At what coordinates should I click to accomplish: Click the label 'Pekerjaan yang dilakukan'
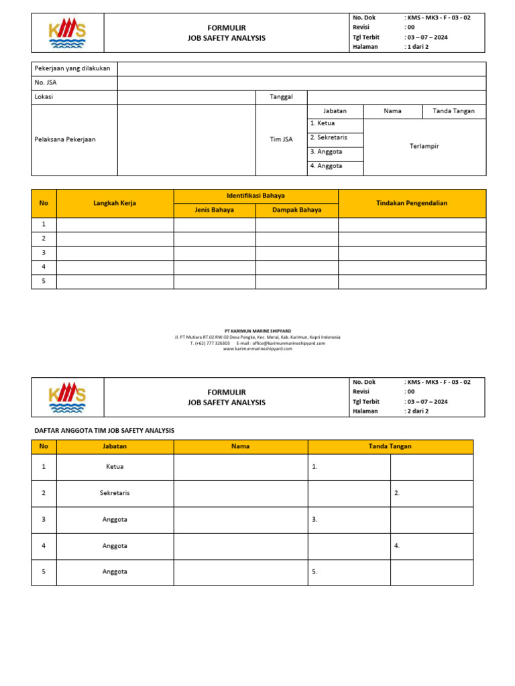(72, 68)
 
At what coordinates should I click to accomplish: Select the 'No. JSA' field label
(46, 83)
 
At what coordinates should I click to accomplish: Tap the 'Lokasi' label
(44, 97)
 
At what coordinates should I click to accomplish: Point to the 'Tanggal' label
(281, 97)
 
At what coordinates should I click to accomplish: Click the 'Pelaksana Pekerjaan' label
(65, 139)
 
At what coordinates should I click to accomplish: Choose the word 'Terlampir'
(424, 146)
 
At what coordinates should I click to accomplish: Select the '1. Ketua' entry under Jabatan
(323, 124)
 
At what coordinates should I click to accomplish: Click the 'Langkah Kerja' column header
(115, 203)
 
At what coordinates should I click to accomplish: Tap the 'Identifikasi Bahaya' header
(255, 196)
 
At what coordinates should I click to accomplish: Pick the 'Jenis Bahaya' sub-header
(214, 210)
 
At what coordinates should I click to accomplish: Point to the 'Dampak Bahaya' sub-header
(296, 210)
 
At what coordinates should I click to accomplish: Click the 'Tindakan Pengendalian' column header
(412, 203)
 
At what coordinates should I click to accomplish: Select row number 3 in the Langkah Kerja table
(44, 253)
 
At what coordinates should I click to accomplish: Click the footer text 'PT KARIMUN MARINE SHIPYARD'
(257, 331)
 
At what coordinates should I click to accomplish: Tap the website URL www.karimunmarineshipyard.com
(257, 349)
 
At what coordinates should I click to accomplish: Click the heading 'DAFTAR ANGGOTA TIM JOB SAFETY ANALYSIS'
(104, 431)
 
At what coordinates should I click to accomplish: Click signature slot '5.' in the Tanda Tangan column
(314, 572)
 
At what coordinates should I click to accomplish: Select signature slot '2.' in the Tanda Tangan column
(398, 493)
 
